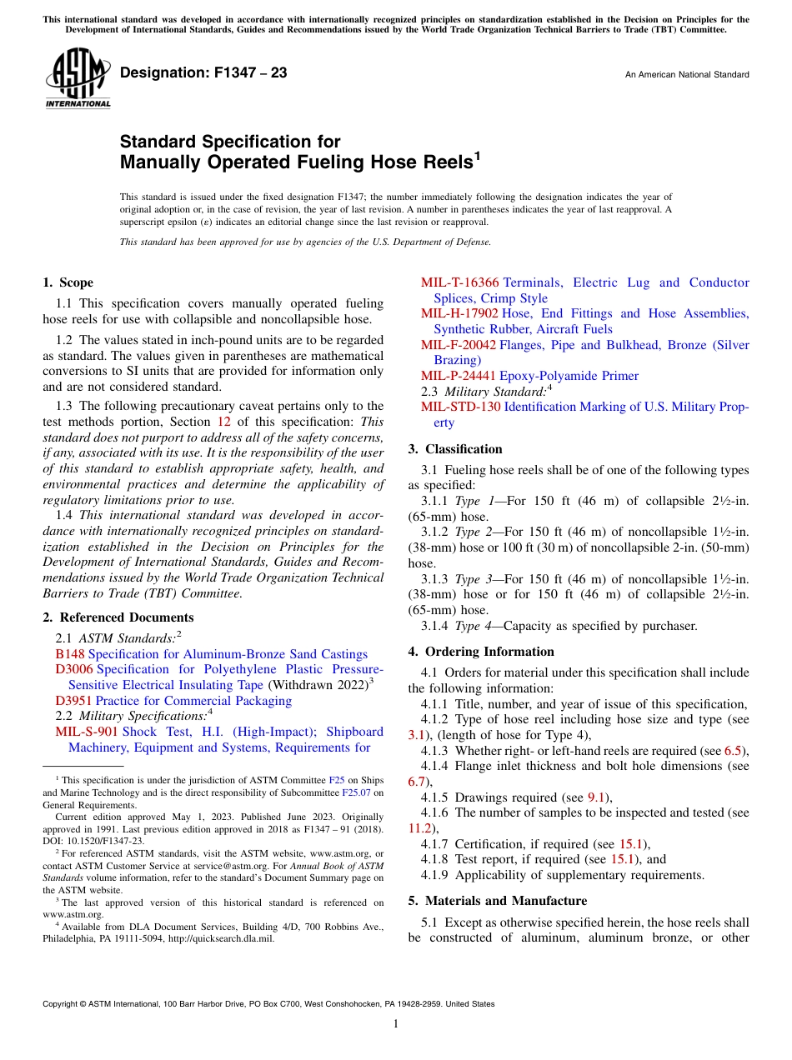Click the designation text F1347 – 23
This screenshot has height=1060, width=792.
click(203, 73)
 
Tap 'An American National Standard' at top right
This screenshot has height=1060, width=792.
click(687, 75)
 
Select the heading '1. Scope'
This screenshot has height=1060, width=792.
click(68, 282)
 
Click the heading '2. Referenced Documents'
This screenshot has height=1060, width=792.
click(118, 617)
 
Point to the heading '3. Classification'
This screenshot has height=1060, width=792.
click(455, 449)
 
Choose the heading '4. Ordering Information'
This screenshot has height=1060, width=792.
click(481, 652)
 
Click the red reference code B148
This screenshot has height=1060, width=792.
click(70, 654)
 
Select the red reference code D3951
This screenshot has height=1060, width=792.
click(74, 701)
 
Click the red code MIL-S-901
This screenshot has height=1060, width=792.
click(87, 732)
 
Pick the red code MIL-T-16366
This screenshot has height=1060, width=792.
click(459, 282)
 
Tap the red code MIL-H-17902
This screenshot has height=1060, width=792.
click(459, 313)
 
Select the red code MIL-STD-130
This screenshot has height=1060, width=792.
click(460, 407)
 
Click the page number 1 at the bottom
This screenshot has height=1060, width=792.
click(396, 1024)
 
